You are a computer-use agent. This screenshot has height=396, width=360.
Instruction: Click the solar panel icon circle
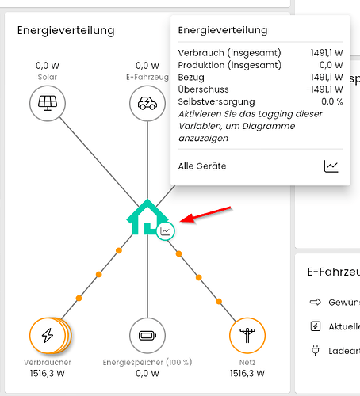tap(48, 103)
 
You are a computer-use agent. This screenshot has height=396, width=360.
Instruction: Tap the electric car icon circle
tap(147, 103)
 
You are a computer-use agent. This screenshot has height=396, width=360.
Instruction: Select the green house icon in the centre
tap(147, 217)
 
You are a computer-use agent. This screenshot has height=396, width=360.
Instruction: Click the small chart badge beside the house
tap(166, 231)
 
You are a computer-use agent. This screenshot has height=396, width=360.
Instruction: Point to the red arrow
tap(205, 214)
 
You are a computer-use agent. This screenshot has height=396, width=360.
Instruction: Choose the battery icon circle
tap(147, 335)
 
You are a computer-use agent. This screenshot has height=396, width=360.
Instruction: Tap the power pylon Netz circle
tap(247, 335)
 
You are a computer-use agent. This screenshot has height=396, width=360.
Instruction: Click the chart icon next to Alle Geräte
tap(331, 166)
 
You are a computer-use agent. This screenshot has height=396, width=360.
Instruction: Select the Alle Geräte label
tap(202, 166)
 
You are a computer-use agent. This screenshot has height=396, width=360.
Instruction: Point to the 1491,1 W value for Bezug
tap(327, 78)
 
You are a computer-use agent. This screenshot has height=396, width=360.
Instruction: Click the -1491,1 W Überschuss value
tap(324, 89)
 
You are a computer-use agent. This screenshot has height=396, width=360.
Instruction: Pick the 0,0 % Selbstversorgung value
tap(332, 101)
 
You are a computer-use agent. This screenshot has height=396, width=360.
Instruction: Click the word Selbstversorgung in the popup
tap(216, 101)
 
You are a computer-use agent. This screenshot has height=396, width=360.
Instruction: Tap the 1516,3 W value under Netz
tap(247, 373)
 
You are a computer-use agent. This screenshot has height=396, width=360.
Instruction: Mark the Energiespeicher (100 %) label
tap(147, 362)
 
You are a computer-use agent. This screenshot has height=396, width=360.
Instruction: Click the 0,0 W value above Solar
tap(48, 66)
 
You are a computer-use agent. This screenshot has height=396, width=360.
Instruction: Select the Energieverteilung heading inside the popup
tap(223, 30)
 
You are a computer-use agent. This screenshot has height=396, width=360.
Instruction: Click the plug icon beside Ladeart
tap(315, 351)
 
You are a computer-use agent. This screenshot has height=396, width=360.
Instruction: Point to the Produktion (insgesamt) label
tap(230, 65)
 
